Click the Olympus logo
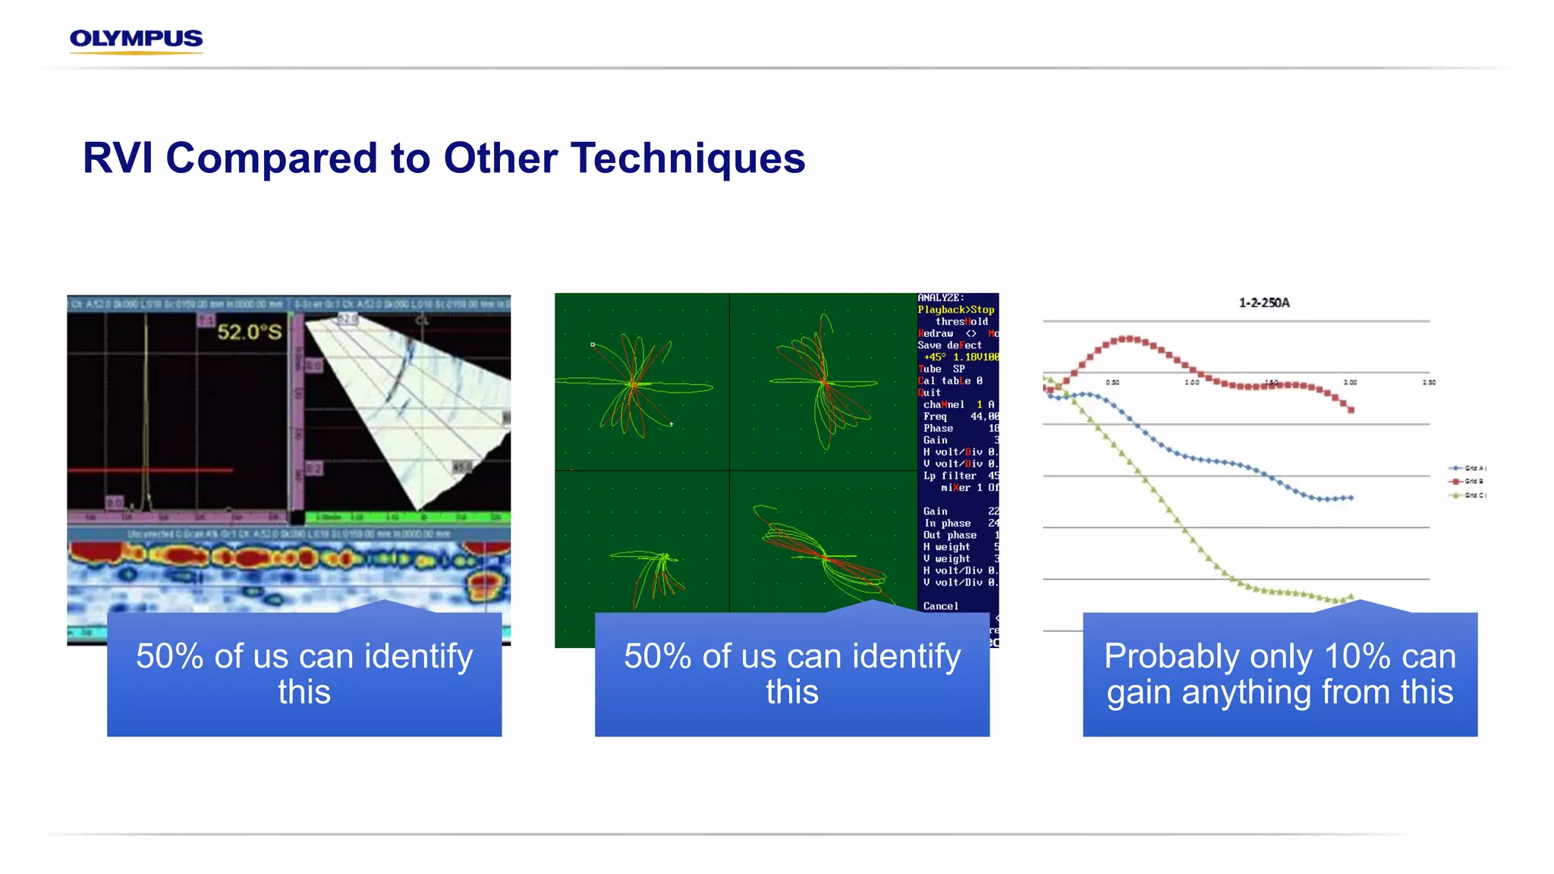[x=136, y=39]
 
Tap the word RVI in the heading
[x=118, y=159]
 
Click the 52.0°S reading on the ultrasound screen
[x=249, y=332]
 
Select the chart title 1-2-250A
[x=1264, y=303]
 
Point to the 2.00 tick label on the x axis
[x=1350, y=382]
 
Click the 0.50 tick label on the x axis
[x=1112, y=382]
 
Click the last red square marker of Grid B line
[x=1351, y=410]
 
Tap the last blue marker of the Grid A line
[x=1351, y=498]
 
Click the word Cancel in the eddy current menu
[x=941, y=606]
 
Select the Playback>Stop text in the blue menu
[x=955, y=310]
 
